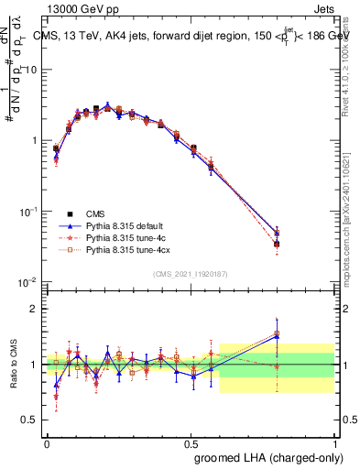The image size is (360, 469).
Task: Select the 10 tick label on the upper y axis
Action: point(31,71)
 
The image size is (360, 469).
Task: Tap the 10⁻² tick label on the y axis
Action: point(28,282)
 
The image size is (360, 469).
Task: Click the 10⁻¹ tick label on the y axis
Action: point(28,212)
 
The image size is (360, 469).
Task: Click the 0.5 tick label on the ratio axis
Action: point(31,420)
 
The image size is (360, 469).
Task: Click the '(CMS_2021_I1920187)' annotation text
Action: point(190,273)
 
